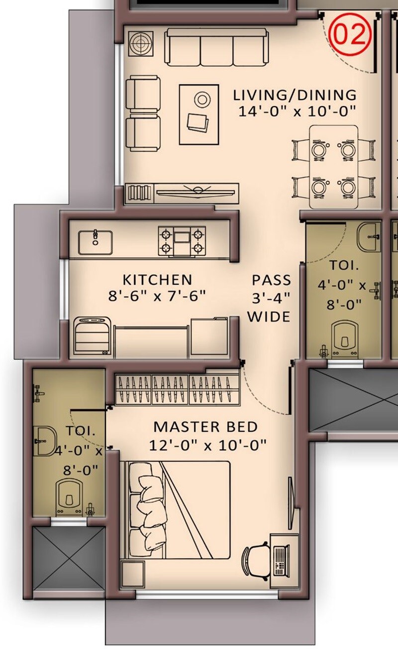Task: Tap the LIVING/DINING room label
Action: [x=296, y=95]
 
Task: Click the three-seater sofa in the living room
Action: [x=216, y=46]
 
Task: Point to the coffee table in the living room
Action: [x=199, y=114]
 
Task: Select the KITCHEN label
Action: [x=157, y=279]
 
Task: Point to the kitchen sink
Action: [x=95, y=241]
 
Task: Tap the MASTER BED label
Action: [x=205, y=427]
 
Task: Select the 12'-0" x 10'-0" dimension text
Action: [x=208, y=444]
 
